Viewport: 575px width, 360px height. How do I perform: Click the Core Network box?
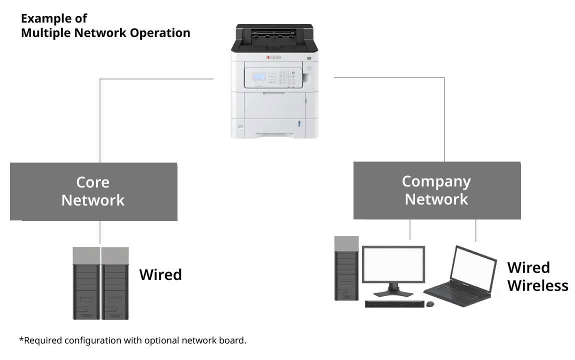[x=93, y=191]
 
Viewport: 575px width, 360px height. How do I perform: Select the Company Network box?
[x=436, y=190]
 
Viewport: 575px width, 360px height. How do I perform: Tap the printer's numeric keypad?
[x=286, y=78]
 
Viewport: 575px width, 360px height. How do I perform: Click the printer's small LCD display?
[x=259, y=77]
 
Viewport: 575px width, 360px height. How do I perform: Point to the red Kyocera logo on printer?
[x=274, y=58]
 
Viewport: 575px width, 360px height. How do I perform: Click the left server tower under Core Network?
[x=86, y=283]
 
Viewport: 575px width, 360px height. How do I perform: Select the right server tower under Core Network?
[x=115, y=283]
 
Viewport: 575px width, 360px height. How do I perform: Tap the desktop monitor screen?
[x=393, y=264]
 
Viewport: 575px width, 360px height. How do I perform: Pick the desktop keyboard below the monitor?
[x=394, y=304]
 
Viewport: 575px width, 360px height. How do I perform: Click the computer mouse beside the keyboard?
[x=430, y=303]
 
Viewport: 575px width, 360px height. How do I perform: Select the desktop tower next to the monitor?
[x=346, y=268]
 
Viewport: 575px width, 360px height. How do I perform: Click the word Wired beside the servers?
[x=160, y=274]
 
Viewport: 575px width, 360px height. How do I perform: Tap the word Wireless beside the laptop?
[x=537, y=285]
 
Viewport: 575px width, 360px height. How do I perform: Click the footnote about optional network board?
[x=133, y=340]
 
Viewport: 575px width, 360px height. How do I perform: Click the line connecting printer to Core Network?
[x=100, y=120]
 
